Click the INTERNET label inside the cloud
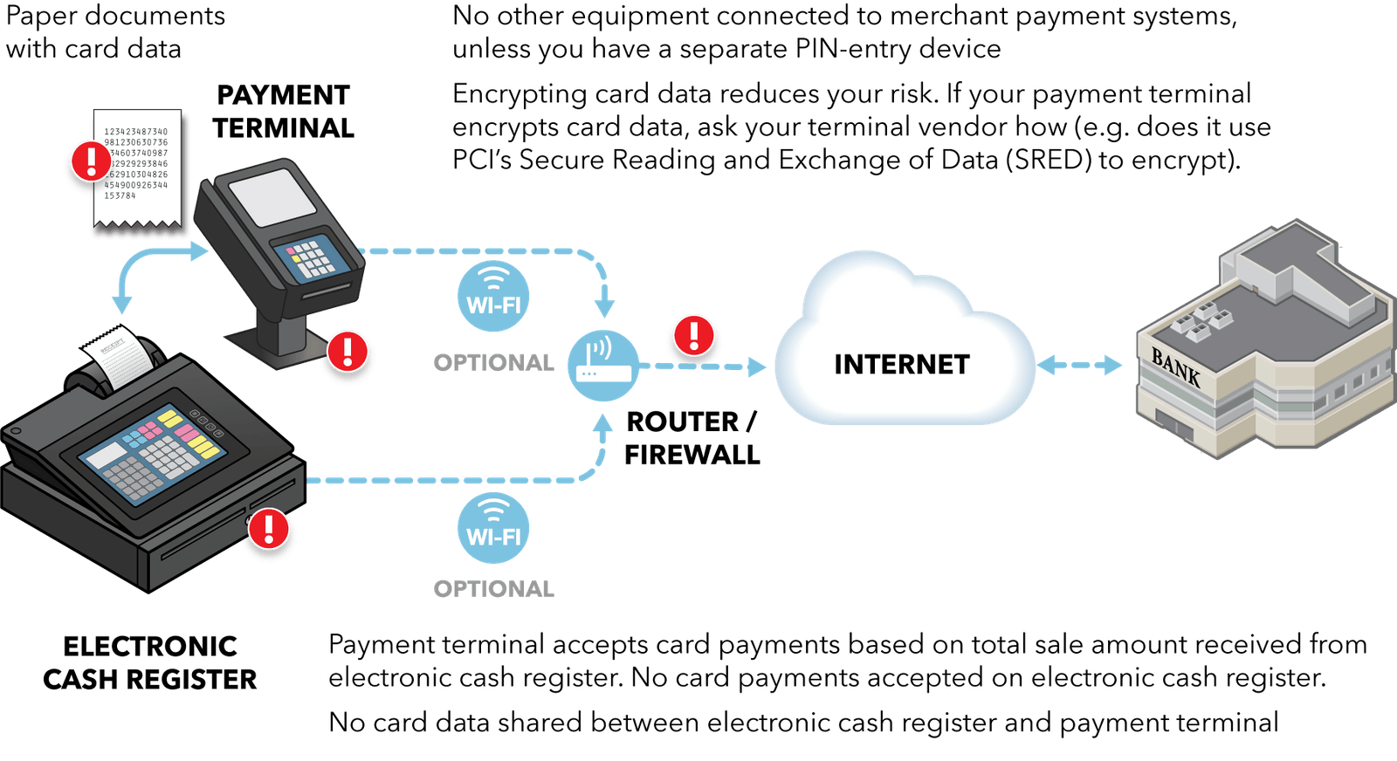(902, 364)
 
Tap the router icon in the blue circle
(602, 365)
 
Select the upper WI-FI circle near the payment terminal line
(493, 297)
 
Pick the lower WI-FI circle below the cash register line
(493, 527)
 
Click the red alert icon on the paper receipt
(91, 161)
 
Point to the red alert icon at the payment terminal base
(348, 351)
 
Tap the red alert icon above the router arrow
(693, 335)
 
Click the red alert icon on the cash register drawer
(269, 528)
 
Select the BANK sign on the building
(1175, 367)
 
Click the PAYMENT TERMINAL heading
(283, 112)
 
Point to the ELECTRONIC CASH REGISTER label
(150, 662)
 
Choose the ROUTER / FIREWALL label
(692, 438)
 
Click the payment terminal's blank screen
(272, 197)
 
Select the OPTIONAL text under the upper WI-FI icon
(493, 362)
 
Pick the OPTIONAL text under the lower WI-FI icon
(493, 589)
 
